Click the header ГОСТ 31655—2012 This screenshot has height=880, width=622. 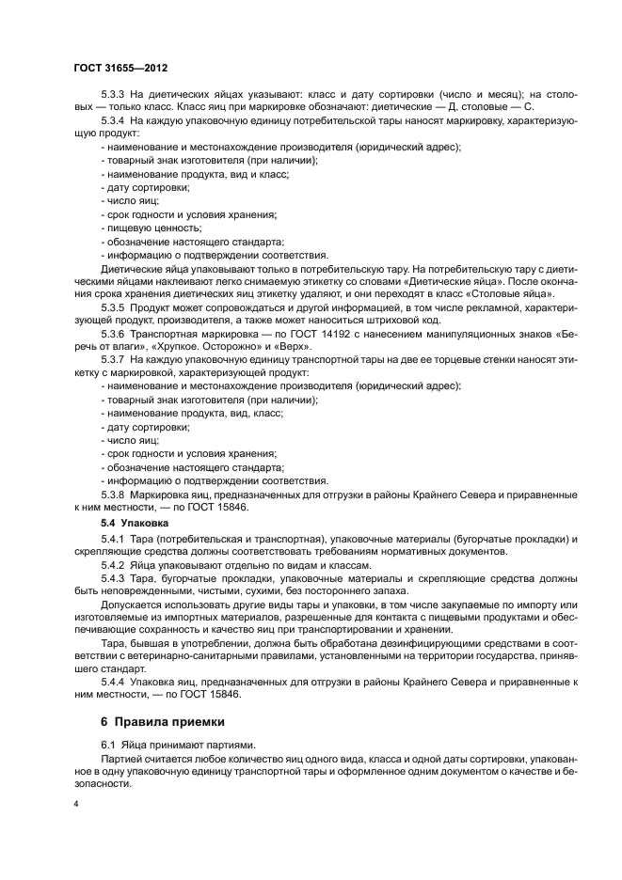120,69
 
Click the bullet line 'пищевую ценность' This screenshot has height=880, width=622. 152,228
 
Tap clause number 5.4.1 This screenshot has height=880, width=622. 114,538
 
